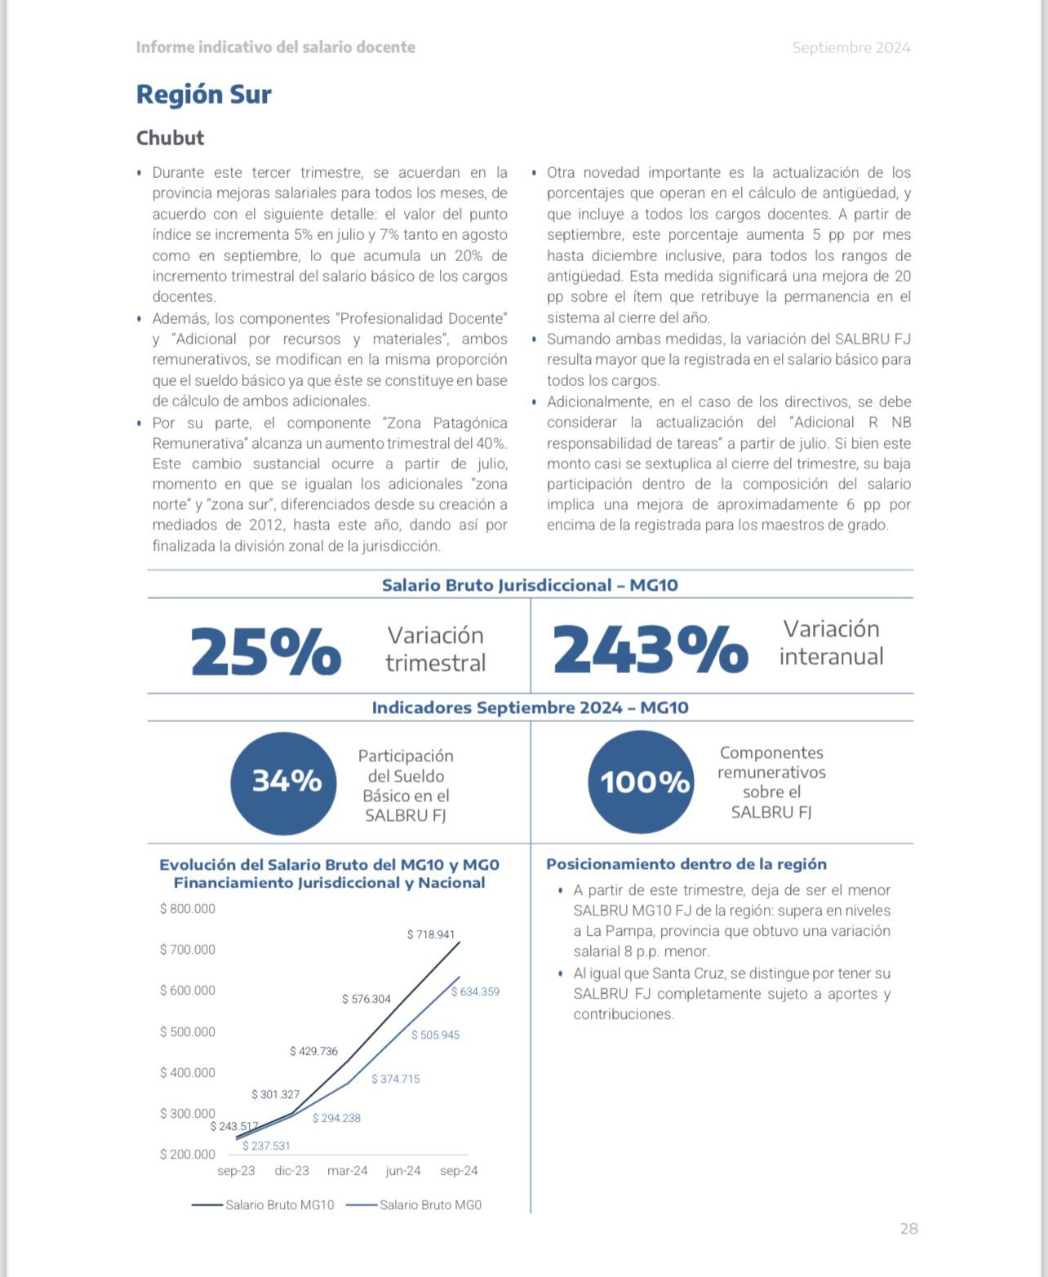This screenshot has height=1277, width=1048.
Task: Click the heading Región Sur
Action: coord(203,95)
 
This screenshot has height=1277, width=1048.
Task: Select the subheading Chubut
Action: coord(170,138)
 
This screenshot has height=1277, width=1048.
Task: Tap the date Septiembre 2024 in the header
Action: coord(850,48)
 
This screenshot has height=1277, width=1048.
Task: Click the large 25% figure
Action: coord(265,651)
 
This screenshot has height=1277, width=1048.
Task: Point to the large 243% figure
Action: coord(650,651)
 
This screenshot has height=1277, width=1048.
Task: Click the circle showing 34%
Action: coord(285,782)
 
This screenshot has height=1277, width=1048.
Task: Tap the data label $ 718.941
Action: coord(431,934)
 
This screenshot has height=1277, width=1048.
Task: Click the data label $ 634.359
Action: coord(475,991)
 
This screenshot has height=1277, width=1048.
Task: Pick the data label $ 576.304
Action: coord(366,999)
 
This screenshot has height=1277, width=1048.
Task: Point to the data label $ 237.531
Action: coord(266,1146)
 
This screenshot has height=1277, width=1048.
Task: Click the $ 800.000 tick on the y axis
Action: coord(188,909)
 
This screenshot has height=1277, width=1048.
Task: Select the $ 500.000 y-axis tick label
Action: coord(188,1032)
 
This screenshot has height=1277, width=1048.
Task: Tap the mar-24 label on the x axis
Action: coord(347,1171)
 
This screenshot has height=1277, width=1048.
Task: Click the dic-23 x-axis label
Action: coord(291,1171)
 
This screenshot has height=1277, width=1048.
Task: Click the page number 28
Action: coord(908,1229)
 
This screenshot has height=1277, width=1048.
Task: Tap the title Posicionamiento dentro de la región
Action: coord(686,864)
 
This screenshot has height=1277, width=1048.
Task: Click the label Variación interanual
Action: coord(831,642)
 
